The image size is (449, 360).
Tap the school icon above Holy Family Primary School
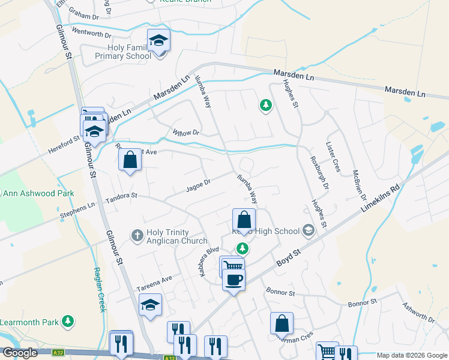(159, 40)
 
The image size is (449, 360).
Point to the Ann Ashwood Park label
(38, 193)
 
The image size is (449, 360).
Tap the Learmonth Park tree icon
(68, 322)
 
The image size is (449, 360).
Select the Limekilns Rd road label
(379, 197)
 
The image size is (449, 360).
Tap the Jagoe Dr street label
(199, 182)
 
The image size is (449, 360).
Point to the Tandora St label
(121, 196)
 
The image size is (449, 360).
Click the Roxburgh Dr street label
(319, 174)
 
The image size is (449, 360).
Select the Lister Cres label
(333, 158)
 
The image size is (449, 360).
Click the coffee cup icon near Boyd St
(234, 278)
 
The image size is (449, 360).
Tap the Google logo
(20, 353)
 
